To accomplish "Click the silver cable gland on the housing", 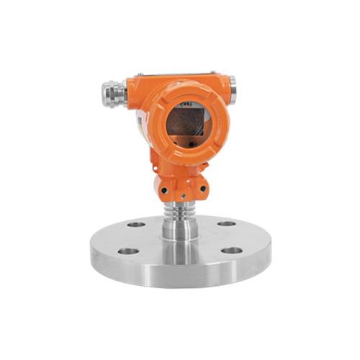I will pos(112,94).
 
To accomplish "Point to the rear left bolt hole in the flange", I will pos(136,225).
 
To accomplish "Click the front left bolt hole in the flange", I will pos(128,251).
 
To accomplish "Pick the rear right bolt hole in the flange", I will pos(227,224).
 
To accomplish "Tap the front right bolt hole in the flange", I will pos(232,251).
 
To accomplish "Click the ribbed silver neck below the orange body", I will pos(181,209).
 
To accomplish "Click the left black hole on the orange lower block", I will pos(164,189).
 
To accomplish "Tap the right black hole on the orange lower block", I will pos(202,189).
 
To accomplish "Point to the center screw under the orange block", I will pos(182,196).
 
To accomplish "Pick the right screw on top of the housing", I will pos(213,73).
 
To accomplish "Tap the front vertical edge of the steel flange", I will pos(180,276).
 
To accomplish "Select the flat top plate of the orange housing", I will pos(176,76).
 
